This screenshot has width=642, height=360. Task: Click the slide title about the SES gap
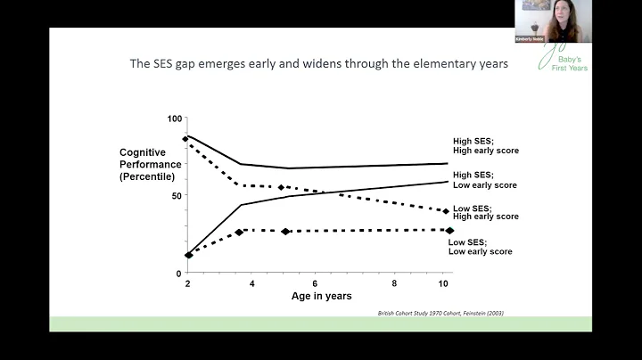click(x=318, y=64)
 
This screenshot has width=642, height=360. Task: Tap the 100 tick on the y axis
click(x=174, y=119)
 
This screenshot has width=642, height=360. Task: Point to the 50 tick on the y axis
click(x=176, y=195)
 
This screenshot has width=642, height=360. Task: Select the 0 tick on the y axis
click(x=178, y=273)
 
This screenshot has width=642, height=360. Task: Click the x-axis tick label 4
click(x=252, y=283)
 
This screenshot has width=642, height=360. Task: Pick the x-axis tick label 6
click(x=315, y=283)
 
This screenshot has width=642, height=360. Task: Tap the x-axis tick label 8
click(x=394, y=283)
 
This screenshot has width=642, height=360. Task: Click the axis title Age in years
click(x=322, y=296)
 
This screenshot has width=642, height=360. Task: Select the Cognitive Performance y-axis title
click(x=150, y=165)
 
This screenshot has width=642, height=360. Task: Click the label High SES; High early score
click(x=485, y=145)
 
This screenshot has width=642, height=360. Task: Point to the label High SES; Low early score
click(x=485, y=179)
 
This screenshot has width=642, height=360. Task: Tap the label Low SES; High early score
click(x=485, y=212)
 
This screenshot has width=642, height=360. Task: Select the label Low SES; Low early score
click(x=480, y=247)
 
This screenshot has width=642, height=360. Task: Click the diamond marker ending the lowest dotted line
click(x=449, y=231)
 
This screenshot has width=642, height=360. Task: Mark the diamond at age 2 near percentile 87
click(x=185, y=139)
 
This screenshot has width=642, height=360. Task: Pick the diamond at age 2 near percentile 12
click(x=188, y=256)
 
